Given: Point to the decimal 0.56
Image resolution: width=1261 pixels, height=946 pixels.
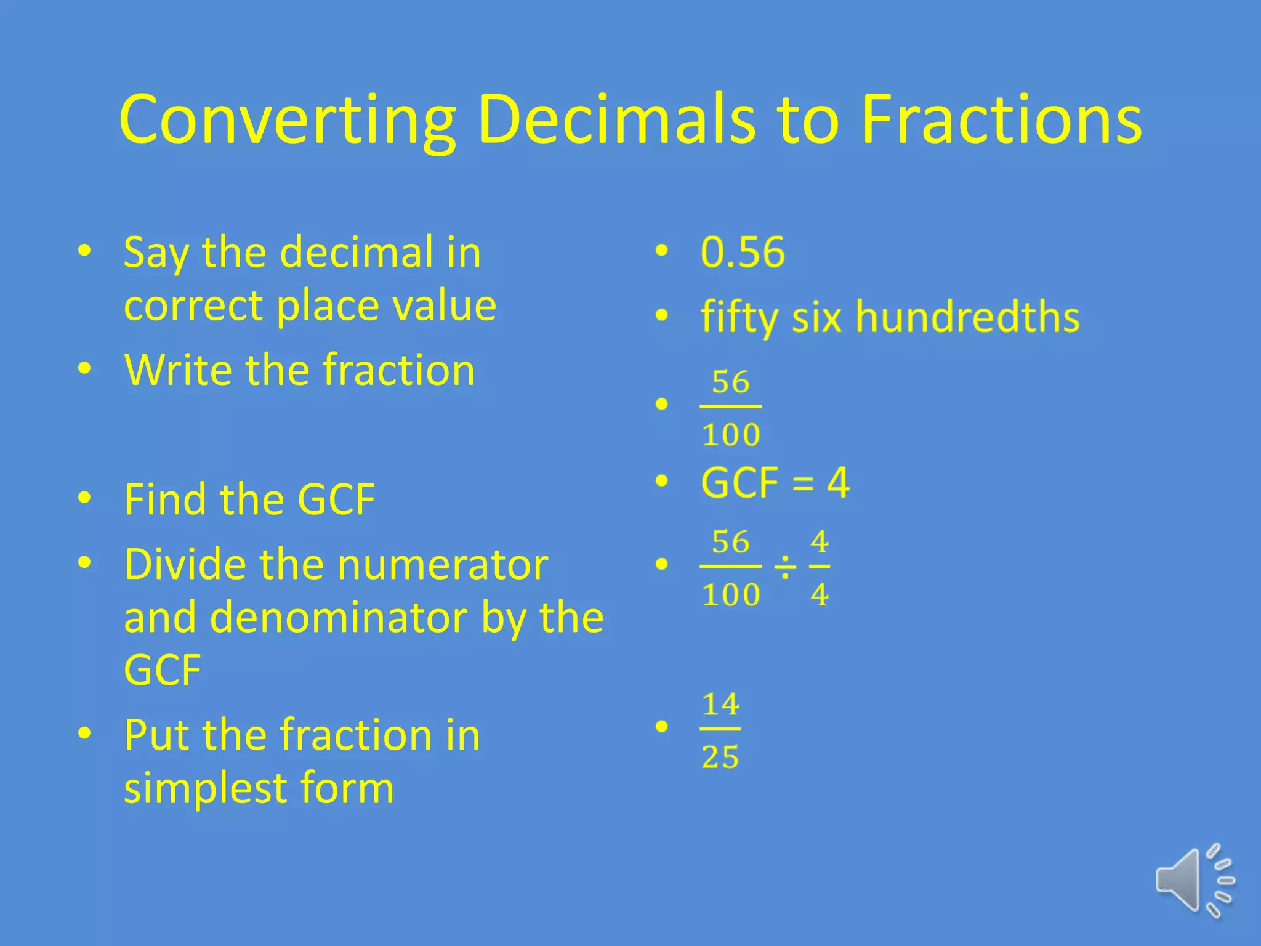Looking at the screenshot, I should [x=743, y=252].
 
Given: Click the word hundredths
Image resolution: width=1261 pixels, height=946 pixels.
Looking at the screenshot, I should [x=967, y=317].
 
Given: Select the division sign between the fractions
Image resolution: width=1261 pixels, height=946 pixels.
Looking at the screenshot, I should [x=785, y=567].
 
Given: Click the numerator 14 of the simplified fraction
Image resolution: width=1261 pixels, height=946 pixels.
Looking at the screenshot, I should [x=721, y=704].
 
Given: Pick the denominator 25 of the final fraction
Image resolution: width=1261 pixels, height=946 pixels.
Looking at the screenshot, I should [x=720, y=757].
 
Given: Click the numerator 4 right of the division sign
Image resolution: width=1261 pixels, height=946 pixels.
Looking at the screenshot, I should [x=820, y=542].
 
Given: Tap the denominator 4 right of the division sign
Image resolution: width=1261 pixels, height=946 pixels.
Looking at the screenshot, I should [x=820, y=594].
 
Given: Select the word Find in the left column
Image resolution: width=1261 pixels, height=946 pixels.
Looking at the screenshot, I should [x=164, y=499].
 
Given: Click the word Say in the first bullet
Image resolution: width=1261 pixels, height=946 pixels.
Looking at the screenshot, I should [x=155, y=253].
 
